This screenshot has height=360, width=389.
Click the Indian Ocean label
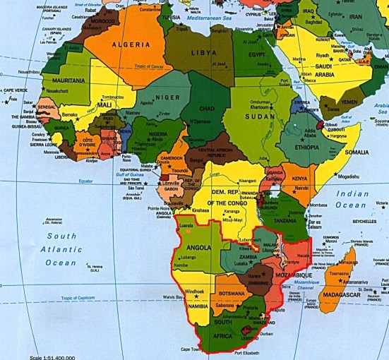(x=352, y=199)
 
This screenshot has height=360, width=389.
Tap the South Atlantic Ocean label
(x=61, y=249)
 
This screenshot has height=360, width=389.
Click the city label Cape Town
(x=191, y=349)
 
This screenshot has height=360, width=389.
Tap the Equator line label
(x=85, y=181)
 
